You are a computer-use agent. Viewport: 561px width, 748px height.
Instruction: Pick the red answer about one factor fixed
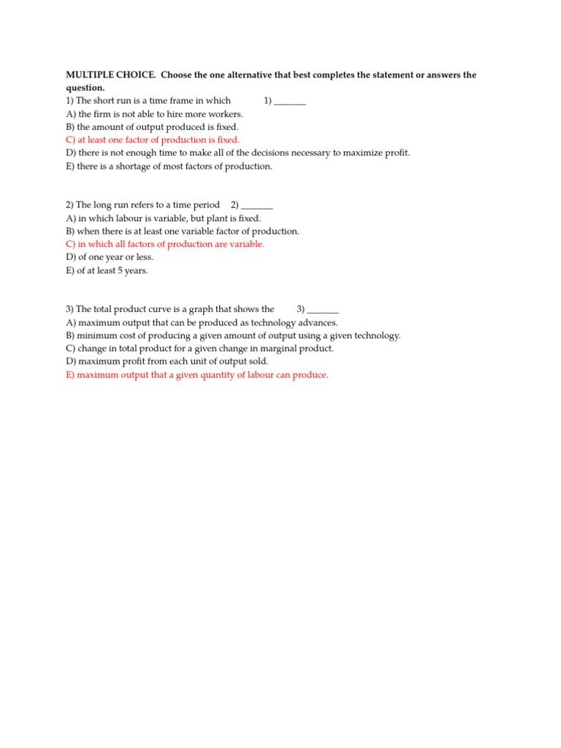153,140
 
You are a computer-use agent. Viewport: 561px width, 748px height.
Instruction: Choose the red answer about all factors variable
165,244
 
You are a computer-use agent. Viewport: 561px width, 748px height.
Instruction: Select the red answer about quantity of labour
197,375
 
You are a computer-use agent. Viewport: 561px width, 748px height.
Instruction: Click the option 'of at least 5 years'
107,270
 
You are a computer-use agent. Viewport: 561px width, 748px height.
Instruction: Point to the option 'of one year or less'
110,257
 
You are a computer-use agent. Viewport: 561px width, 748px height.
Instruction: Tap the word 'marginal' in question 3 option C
286,348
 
